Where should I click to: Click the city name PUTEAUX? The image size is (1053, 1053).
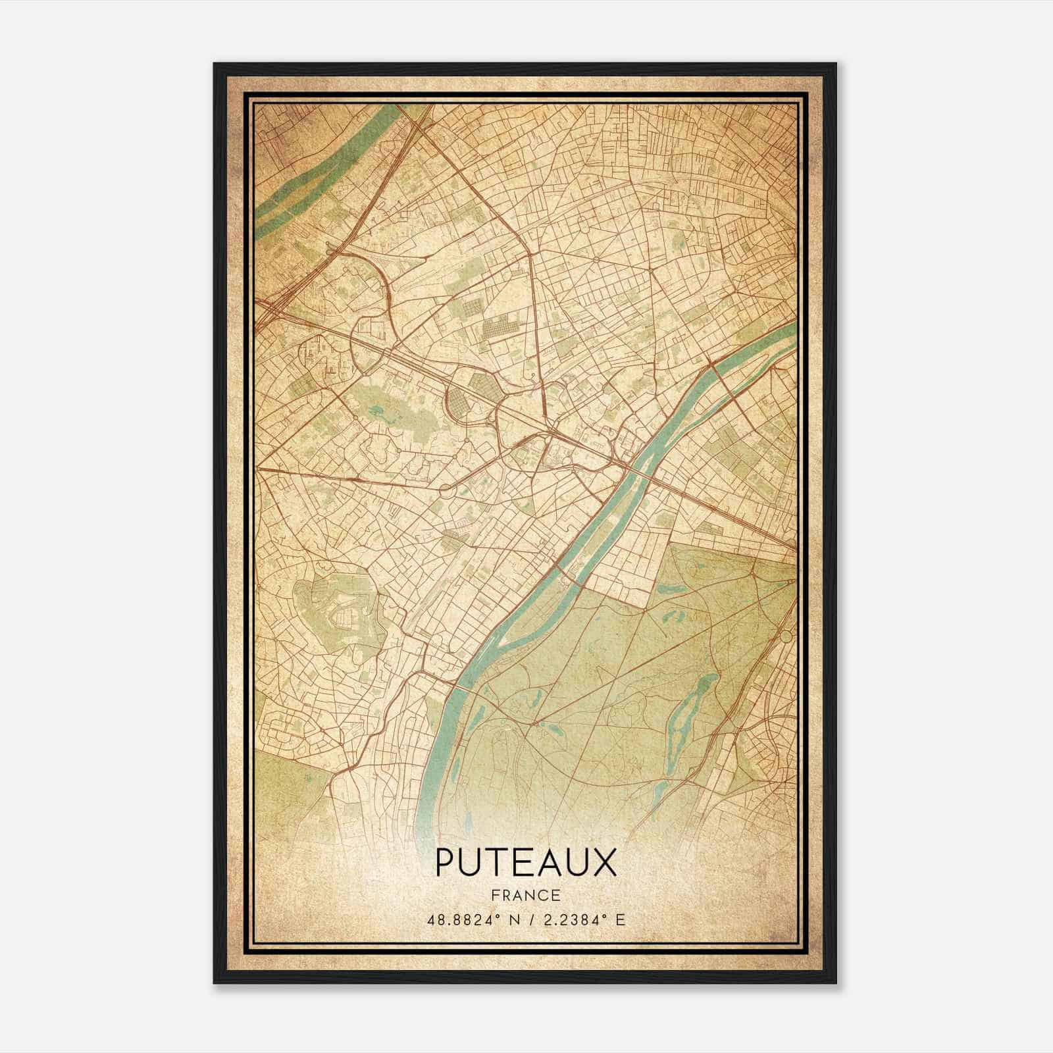526,863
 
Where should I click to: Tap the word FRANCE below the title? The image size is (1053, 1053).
525,895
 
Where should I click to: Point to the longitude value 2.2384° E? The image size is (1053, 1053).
582,919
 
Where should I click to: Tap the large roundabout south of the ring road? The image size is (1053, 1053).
446,489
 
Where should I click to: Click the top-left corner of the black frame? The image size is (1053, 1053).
216,65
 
